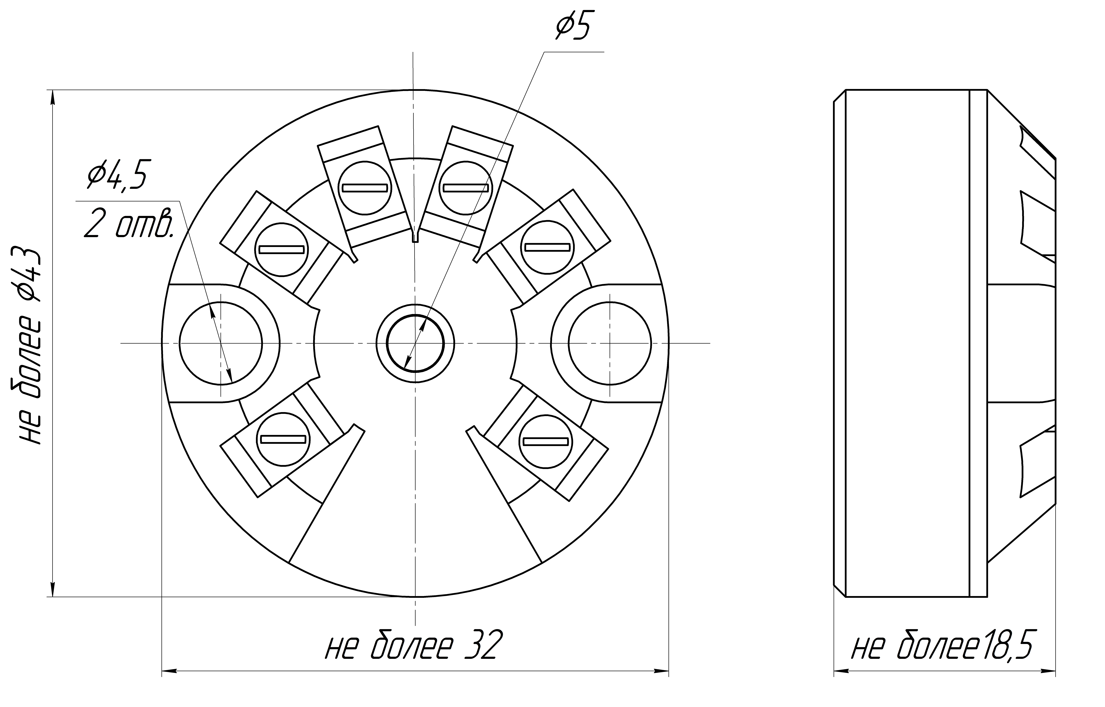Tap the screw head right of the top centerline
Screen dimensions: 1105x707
465,188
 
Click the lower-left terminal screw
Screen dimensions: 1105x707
283,439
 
